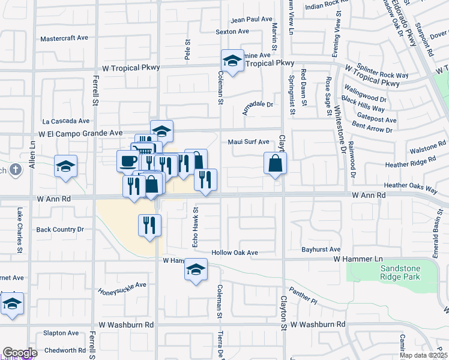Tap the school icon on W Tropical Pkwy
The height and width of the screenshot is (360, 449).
click(x=232, y=61)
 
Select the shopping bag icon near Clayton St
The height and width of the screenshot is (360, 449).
click(x=275, y=163)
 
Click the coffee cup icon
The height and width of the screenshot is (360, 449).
click(x=128, y=161)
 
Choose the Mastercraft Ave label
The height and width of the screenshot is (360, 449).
click(x=64, y=38)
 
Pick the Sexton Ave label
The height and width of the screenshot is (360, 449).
click(x=232, y=31)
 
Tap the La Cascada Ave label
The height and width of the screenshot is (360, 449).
click(x=66, y=121)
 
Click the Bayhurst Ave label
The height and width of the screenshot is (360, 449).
click(x=321, y=249)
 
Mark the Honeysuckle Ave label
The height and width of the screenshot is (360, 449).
click(x=122, y=289)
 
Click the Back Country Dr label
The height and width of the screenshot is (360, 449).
click(x=60, y=229)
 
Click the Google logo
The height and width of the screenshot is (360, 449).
click(x=20, y=353)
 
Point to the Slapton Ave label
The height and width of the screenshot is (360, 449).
click(x=61, y=333)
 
